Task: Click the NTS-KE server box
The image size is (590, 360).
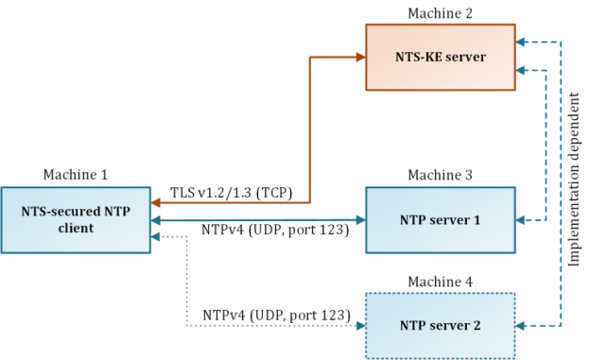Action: tap(441, 57)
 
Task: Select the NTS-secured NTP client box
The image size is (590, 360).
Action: tap(76, 220)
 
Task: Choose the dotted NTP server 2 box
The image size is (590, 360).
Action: tap(441, 325)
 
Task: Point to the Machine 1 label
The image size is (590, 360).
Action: tap(76, 175)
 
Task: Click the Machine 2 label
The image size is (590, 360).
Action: tap(441, 11)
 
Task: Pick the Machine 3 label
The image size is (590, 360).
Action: tap(441, 175)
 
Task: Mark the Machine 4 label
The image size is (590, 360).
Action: tap(441, 281)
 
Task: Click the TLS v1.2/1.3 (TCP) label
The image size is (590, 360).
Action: tap(232, 193)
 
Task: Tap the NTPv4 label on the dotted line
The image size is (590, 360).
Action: tap(278, 313)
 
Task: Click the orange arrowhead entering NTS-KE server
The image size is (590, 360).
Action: tap(360, 57)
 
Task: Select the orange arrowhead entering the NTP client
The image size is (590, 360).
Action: tap(158, 201)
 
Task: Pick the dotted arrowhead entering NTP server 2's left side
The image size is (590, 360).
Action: tap(360, 325)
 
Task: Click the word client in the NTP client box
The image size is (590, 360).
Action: tap(76, 229)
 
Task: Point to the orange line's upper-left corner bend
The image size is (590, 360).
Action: tap(312, 57)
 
